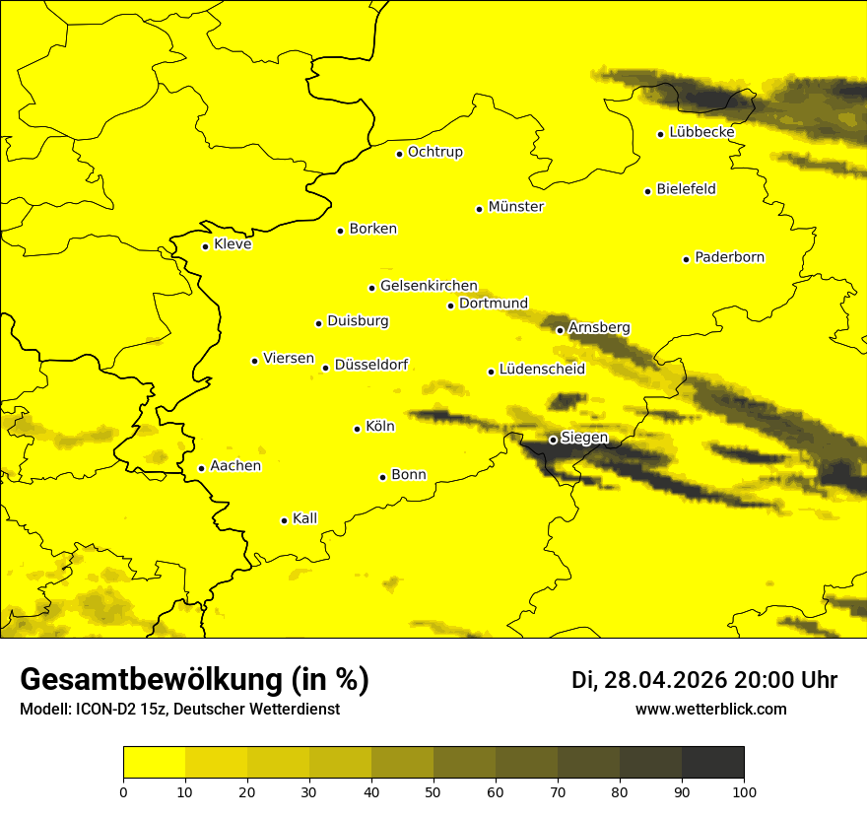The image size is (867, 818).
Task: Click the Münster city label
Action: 516,207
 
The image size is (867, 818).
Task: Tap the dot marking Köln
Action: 357,429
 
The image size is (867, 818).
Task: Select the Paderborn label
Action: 730,257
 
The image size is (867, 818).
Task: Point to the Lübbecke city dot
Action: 660,134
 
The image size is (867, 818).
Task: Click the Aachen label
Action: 235,466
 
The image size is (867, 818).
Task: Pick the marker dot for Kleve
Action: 205,246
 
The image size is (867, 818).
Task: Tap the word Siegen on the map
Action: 585,438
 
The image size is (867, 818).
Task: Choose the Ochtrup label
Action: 435,152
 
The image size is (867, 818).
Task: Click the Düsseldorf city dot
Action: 325,368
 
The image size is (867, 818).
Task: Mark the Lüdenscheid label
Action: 542,370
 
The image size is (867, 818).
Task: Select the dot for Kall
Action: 284,520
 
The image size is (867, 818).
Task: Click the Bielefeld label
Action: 687,188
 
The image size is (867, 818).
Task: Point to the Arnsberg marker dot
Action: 560,330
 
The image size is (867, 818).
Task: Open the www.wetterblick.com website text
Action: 710,709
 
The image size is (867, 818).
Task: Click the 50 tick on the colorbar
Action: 433,790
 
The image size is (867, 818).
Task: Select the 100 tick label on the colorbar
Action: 744,790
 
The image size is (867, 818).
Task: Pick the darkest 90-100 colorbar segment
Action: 712,763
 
